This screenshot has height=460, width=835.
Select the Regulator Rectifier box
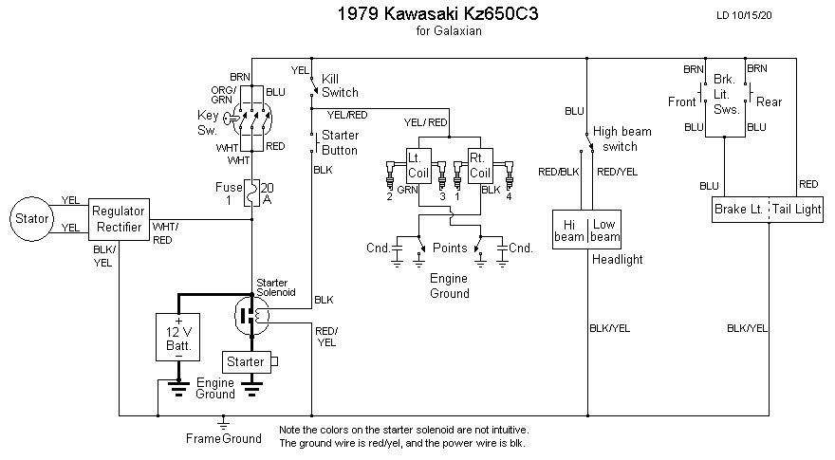click(119, 219)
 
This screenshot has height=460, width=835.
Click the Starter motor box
click(245, 362)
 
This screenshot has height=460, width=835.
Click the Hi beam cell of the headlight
click(570, 229)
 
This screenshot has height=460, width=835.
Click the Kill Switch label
click(340, 85)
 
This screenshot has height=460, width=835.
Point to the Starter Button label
click(340, 143)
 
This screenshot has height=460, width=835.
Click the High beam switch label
click(615, 139)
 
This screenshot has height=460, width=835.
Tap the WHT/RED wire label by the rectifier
click(165, 233)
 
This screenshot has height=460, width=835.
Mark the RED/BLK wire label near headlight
click(558, 172)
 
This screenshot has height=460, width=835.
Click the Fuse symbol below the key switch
click(251, 193)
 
